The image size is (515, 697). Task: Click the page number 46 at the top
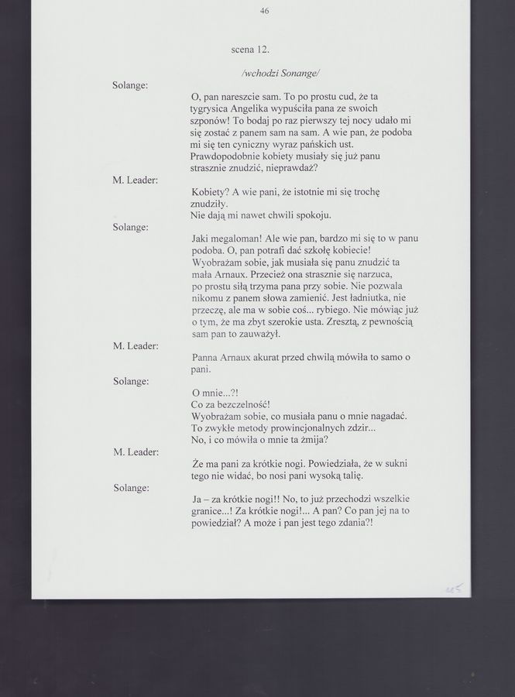266,11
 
